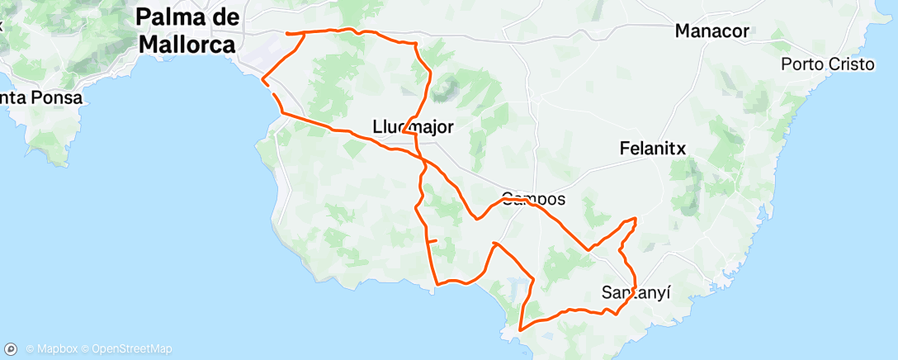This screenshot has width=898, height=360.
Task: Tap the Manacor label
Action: (x=711, y=31)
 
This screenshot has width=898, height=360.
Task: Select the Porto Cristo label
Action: (x=828, y=64)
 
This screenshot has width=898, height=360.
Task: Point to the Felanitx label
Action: (x=653, y=149)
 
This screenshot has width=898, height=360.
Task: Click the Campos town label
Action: (x=533, y=199)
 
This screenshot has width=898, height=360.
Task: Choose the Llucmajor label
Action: (x=414, y=126)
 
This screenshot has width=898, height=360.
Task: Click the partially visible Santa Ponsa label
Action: (x=41, y=97)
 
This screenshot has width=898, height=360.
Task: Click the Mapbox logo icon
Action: (x=12, y=348)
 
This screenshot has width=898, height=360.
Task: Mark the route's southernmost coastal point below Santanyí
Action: (x=520, y=329)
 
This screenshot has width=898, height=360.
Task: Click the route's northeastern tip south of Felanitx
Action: (x=636, y=219)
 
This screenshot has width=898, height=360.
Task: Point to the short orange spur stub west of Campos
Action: (x=432, y=240)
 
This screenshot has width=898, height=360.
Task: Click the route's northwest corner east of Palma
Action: (x=286, y=33)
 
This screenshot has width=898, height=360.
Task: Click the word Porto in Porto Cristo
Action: (x=803, y=64)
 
